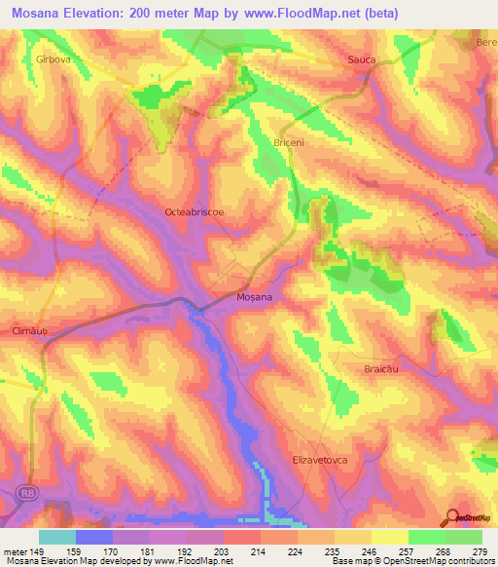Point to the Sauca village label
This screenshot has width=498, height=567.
[362, 60]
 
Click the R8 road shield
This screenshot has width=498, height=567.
[21, 495]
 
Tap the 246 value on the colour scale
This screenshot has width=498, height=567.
[370, 552]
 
